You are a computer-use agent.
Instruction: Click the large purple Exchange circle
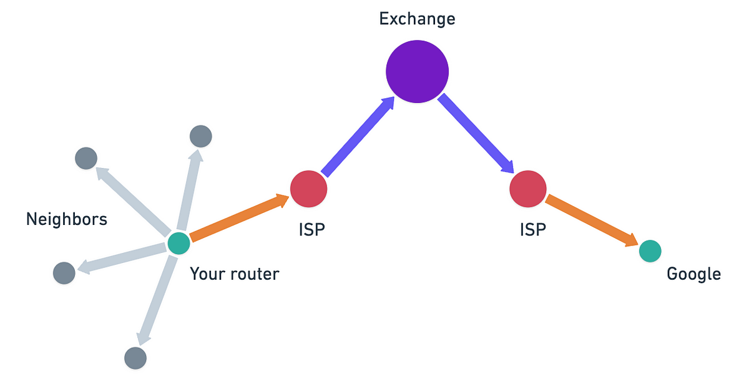[x=417, y=71]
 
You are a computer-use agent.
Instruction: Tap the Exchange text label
[x=417, y=19]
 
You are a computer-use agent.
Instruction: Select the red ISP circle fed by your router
[x=308, y=189]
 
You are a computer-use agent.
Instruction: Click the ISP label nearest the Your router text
[x=311, y=230]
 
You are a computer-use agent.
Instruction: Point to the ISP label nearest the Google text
[x=532, y=230]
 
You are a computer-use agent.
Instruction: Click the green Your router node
[x=179, y=243]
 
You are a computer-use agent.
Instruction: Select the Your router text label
[x=235, y=274]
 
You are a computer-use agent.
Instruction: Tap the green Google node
[x=650, y=251]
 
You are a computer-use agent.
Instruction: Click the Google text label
[x=693, y=274]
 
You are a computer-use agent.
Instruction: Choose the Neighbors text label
[x=67, y=219]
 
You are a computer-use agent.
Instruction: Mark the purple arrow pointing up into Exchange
[x=358, y=136]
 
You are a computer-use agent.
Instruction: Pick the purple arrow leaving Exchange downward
[x=476, y=134]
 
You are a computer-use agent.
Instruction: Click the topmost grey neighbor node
[x=200, y=136]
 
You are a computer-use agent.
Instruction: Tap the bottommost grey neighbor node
[x=135, y=358]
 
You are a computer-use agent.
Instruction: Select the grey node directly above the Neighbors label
[x=86, y=159]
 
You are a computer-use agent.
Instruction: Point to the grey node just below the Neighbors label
[x=64, y=273]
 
